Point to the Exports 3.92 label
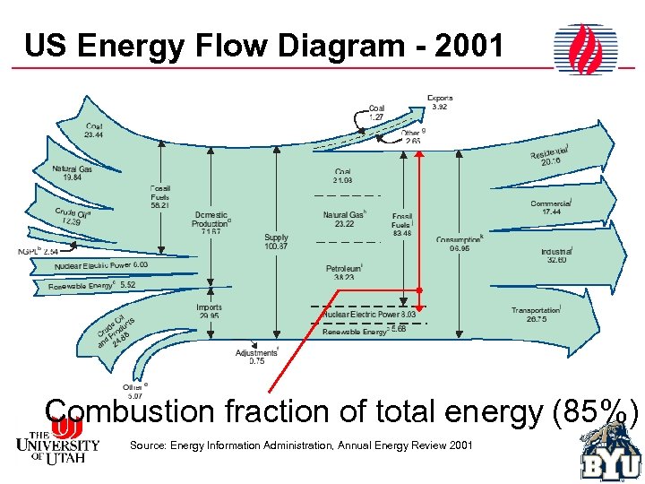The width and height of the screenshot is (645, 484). point(439,102)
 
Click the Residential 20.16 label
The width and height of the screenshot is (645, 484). point(551,155)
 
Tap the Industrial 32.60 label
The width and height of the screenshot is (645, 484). point(555,256)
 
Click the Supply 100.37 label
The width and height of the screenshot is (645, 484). point(276,242)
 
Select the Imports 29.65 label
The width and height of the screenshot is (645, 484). point(209,312)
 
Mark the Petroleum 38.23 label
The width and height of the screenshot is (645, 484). point(343,272)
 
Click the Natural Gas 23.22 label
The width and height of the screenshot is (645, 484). point(344,220)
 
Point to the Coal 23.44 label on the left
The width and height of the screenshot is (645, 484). point(94,131)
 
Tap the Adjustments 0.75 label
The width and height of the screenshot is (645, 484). point(256,357)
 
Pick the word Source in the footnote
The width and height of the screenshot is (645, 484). point(148,445)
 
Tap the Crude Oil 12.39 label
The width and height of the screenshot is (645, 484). point(73,217)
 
